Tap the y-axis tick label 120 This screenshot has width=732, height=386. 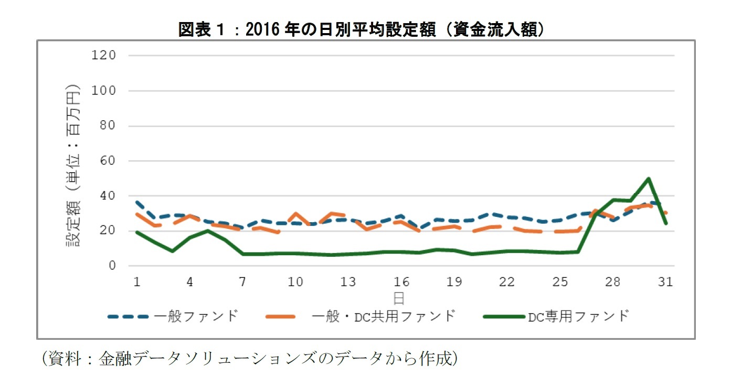[x=103, y=55]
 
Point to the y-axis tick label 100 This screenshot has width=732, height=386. [x=103, y=90]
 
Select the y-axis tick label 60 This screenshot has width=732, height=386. [x=107, y=161]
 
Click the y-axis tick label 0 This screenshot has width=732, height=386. [x=112, y=266]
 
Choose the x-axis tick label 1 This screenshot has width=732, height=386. [x=137, y=282]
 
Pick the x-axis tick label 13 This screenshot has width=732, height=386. [x=348, y=282]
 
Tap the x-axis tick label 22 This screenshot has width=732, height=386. [x=507, y=282]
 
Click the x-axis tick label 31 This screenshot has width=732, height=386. [x=665, y=282]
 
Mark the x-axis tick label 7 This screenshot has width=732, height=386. [x=242, y=282]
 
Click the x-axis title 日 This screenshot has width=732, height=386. [x=399, y=298]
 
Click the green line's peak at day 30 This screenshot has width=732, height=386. [x=649, y=179]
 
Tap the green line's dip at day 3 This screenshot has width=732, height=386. [x=172, y=251]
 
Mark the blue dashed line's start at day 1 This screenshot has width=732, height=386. [x=137, y=202]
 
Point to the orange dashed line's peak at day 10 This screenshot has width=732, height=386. [x=295, y=214]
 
